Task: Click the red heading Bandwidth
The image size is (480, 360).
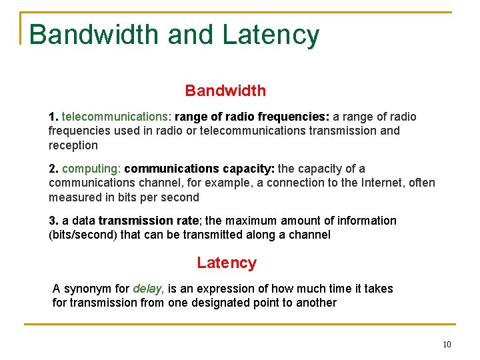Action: coord(225,91)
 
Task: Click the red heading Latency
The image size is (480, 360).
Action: coord(226,263)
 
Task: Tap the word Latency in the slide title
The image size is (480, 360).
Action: coord(271,35)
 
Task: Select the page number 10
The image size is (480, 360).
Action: coord(446,345)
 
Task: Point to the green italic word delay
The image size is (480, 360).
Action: coord(148,289)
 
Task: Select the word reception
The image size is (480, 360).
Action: coord(73,145)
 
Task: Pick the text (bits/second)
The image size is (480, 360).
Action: coord(83,235)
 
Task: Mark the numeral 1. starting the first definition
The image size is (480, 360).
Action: coord(53,117)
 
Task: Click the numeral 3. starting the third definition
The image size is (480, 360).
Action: coord(53,221)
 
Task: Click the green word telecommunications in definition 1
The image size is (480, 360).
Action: coord(116,117)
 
